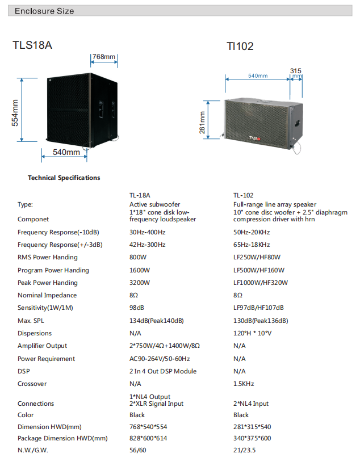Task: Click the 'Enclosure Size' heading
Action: pyautogui.click(x=44, y=11)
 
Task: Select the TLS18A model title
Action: pyautogui.click(x=32, y=45)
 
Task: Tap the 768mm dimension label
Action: pyautogui.click(x=104, y=57)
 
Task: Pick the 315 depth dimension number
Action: pyautogui.click(x=295, y=71)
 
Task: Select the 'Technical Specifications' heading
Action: pyautogui.click(x=64, y=178)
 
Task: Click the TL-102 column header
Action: pyautogui.click(x=243, y=195)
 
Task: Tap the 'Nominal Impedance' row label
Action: pyautogui.click(x=47, y=295)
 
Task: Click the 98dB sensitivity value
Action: pyautogui.click(x=137, y=308)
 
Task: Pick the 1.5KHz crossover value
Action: pyautogui.click(x=244, y=384)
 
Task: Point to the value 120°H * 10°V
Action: pyautogui.click(x=253, y=333)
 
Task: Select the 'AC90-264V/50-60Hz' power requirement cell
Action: pyautogui.click(x=160, y=359)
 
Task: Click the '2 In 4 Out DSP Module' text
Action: pyautogui.click(x=163, y=371)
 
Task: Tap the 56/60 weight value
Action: pyautogui.click(x=138, y=451)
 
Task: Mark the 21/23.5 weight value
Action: pyautogui.click(x=244, y=451)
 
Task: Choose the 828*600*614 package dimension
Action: pyautogui.click(x=148, y=438)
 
